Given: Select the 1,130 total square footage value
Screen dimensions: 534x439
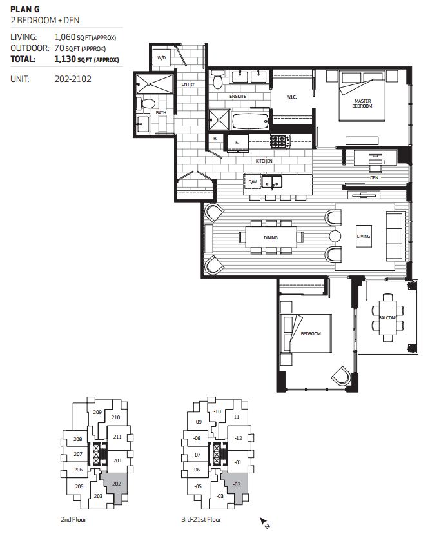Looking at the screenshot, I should pyautogui.click(x=66, y=59).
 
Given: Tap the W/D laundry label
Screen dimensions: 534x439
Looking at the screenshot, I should pyautogui.click(x=161, y=58).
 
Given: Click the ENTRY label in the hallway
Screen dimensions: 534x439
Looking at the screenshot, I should pyautogui.click(x=188, y=84).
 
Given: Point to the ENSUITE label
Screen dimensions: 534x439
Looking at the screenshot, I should pyautogui.click(x=238, y=97).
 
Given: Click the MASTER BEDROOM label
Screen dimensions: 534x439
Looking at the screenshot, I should pyautogui.click(x=362, y=103).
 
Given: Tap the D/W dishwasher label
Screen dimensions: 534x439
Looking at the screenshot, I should pyautogui.click(x=252, y=183).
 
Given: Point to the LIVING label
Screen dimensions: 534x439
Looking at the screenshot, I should pyautogui.click(x=364, y=237).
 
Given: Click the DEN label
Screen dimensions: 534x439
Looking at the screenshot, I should pyautogui.click(x=373, y=177).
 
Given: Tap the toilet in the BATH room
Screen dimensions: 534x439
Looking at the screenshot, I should pyautogui.click(x=148, y=103).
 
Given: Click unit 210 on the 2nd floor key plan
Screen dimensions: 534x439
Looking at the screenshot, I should pyautogui.click(x=116, y=417).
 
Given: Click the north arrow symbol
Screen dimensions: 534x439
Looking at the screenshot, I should pyautogui.click(x=264, y=522).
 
